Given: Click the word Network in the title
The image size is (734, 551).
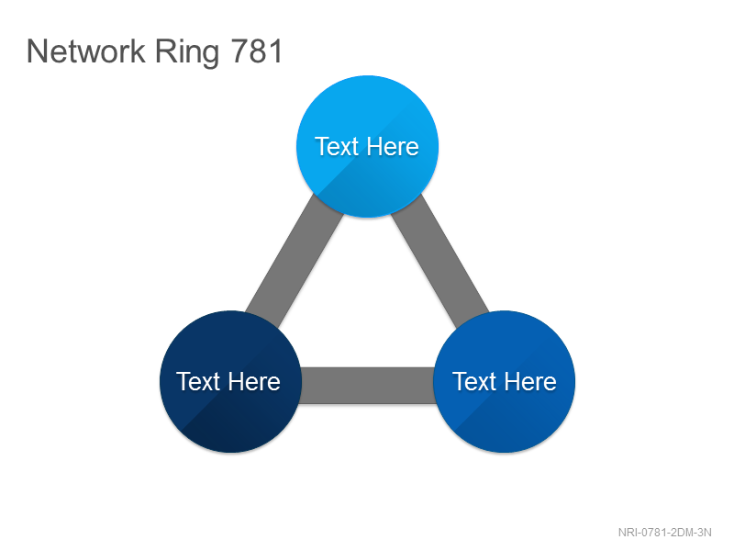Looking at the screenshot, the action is click(86, 51).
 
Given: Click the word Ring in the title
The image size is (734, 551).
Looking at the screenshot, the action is click(187, 53).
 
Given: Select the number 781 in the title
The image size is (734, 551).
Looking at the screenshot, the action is click(257, 51).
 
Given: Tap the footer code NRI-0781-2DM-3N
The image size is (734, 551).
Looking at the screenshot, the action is click(664, 533).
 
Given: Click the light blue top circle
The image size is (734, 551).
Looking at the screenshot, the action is click(368, 146).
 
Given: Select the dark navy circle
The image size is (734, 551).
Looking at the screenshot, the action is click(230, 381).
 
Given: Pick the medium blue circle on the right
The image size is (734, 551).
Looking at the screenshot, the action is click(504, 381).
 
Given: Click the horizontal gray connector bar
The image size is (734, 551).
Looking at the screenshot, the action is click(368, 385).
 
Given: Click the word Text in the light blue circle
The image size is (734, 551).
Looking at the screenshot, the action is click(337, 147).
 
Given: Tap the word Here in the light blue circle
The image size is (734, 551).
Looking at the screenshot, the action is click(393, 147).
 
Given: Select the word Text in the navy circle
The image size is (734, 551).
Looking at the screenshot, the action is click(198, 381).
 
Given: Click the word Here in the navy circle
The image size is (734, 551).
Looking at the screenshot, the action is click(254, 381).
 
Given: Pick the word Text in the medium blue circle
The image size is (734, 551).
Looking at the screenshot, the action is click(474, 381).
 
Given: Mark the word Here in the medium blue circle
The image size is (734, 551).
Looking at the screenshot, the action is click(530, 381).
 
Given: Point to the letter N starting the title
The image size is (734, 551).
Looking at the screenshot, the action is click(37, 51).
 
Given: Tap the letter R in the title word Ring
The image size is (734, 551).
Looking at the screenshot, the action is click(165, 51).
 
